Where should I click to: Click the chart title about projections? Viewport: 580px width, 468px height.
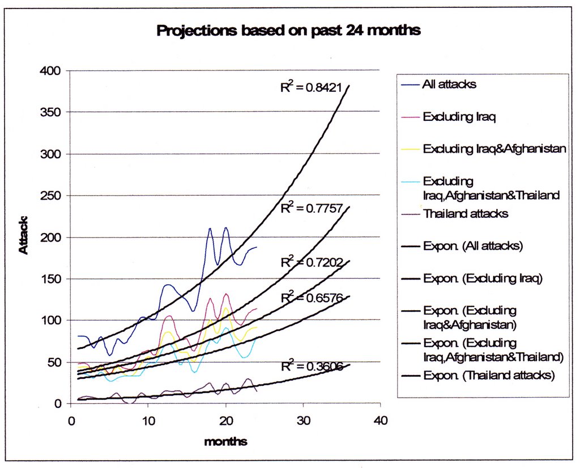pyautogui.click(x=288, y=31)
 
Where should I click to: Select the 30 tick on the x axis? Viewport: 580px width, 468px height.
pyautogui.click(x=302, y=422)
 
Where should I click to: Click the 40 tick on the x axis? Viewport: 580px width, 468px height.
pyautogui.click(x=379, y=422)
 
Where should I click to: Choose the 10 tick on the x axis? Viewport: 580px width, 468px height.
pyautogui.click(x=148, y=422)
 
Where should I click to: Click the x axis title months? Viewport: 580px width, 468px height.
pyautogui.click(x=225, y=441)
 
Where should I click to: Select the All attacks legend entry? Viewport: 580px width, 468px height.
pyautogui.click(x=449, y=85)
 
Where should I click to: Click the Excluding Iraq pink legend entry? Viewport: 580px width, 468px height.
pyautogui.click(x=455, y=117)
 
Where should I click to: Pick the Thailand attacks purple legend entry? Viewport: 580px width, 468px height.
pyautogui.click(x=465, y=214)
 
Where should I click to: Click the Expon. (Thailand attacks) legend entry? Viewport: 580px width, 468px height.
pyautogui.click(x=488, y=376)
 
